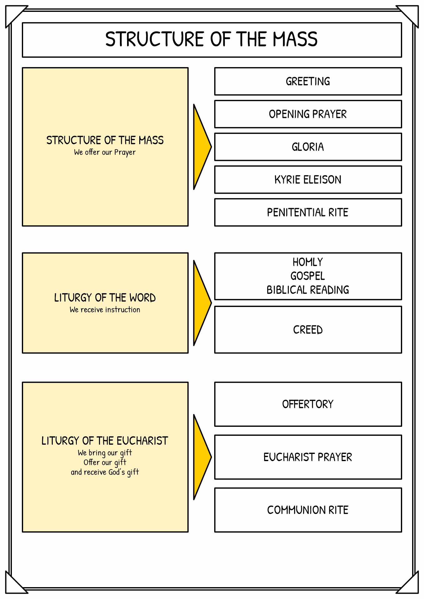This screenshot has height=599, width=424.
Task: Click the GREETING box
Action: pos(308,81)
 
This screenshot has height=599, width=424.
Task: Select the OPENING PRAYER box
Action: pos(308,114)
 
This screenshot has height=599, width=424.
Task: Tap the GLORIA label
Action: pos(308,147)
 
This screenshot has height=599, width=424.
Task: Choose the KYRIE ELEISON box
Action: pos(308,180)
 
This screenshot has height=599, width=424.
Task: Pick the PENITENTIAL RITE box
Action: pos(308,212)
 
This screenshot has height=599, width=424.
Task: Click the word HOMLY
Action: pos(308,262)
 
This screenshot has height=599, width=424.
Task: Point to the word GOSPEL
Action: pos(308,276)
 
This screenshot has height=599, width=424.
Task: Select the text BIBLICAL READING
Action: pos(308,290)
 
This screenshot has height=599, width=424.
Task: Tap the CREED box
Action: pos(308,330)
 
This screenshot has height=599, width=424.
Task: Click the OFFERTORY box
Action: pos(308,404)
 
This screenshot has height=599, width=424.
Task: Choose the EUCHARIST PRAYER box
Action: pos(308,457)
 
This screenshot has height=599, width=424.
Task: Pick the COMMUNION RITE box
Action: pos(308,510)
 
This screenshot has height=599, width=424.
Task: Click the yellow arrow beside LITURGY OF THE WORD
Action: pos(202,303)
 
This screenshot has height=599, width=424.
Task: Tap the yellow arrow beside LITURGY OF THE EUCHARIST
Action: pos(202,457)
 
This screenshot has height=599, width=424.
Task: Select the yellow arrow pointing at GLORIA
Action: pos(202,147)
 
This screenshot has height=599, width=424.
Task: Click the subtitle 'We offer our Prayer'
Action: pos(105,152)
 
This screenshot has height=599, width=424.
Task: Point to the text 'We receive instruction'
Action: pos(105,310)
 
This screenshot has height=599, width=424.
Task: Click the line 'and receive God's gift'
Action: pos(105,472)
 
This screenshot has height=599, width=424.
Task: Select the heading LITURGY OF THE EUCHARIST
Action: pos(105,441)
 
